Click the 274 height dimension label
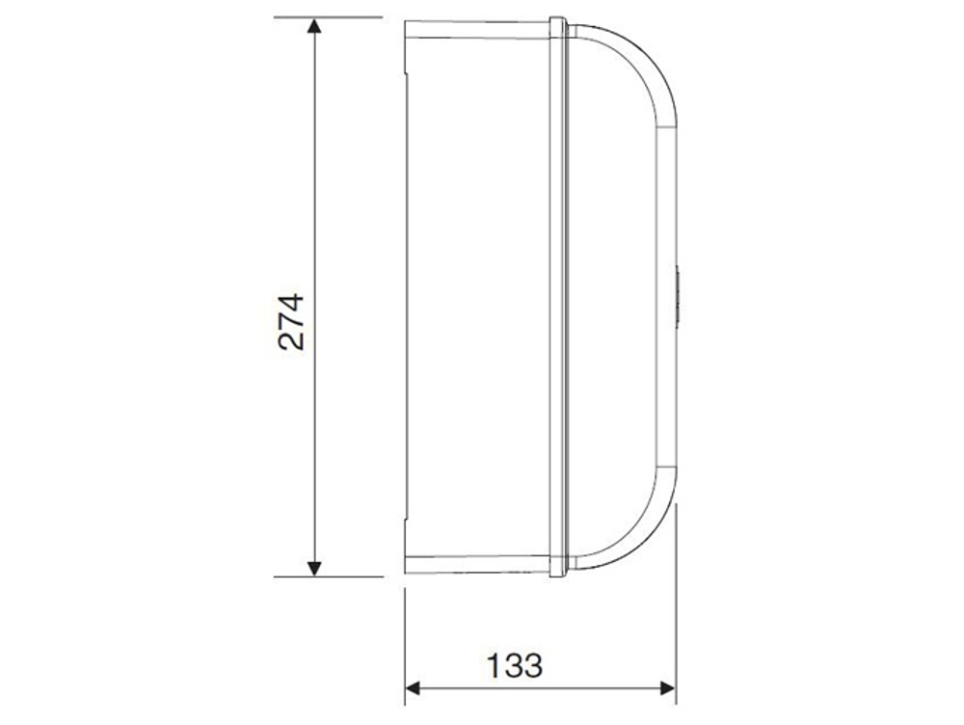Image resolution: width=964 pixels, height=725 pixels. click(291, 320)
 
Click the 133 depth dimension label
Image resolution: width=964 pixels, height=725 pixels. click(514, 664)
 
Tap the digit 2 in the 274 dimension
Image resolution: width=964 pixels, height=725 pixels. click(291, 339)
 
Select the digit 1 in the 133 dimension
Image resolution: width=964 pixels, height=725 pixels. click(494, 664)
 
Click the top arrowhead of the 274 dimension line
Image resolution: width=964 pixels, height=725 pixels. click(313, 26)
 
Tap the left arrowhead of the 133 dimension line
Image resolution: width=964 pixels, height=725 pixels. click(414, 687)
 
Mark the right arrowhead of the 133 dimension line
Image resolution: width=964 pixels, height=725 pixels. click(666, 687)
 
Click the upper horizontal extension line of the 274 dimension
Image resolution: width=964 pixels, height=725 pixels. click(328, 17)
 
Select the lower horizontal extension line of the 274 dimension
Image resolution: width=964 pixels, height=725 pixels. click(328, 577)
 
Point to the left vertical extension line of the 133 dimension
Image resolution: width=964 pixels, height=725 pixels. click(404, 636)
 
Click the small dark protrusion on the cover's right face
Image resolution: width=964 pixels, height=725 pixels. click(678, 297)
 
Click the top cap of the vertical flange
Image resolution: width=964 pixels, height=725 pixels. click(558, 19)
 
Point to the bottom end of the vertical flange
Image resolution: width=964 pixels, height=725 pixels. click(558, 574)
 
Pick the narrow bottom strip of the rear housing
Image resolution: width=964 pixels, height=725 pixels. click(477, 564)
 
